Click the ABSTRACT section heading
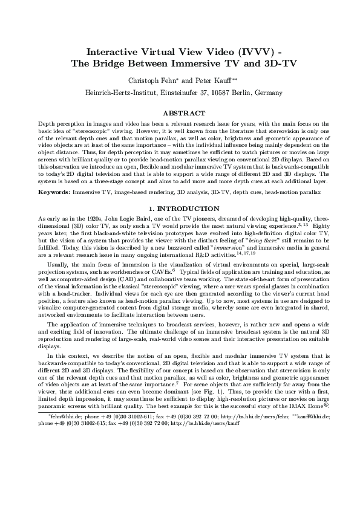180,112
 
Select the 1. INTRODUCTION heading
180,209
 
